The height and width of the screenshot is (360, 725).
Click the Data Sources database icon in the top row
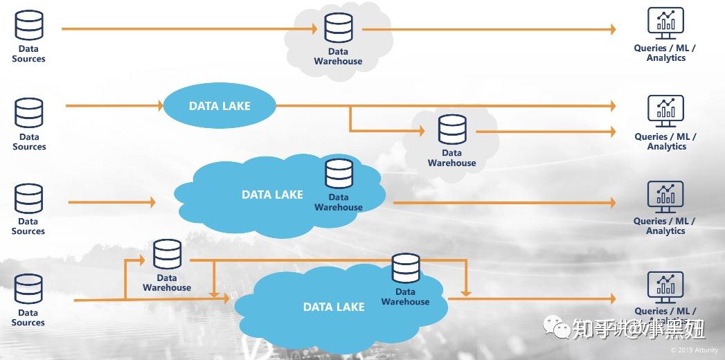[29, 26]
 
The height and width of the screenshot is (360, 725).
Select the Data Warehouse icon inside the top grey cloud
[339, 28]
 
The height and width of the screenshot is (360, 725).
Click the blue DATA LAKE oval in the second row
[220, 106]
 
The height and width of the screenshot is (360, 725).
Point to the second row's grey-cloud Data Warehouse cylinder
[452, 130]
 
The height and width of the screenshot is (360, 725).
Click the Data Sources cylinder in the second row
[29, 114]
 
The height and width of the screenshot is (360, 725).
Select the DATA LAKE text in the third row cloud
[272, 195]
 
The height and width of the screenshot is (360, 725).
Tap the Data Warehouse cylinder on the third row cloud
[339, 174]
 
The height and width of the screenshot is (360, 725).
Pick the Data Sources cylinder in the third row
[29, 199]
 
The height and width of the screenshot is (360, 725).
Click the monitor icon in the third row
[665, 198]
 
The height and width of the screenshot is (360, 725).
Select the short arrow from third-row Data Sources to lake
[111, 202]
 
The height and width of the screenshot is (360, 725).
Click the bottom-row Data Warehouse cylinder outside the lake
[167, 255]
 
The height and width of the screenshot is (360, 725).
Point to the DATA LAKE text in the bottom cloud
[334, 307]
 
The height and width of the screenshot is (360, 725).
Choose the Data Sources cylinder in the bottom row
[29, 290]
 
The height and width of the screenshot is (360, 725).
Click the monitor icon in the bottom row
[665, 287]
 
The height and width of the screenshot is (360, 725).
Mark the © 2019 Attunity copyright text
[695, 350]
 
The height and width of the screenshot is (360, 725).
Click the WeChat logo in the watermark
[556, 327]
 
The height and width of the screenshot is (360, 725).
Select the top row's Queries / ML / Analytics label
[665, 53]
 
